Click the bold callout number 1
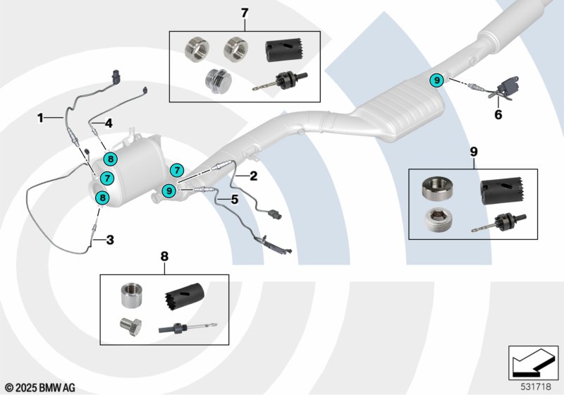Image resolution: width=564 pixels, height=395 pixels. (41, 118)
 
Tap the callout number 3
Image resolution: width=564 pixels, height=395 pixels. (110, 240)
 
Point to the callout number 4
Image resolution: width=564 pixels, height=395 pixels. (109, 123)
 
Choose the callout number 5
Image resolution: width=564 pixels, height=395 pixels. (234, 200)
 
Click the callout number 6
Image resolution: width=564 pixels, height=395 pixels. (498, 114)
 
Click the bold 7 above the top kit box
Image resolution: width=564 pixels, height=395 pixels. (244, 13)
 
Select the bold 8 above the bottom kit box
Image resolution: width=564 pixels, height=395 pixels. (164, 257)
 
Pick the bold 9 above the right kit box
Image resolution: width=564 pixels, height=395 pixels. (474, 151)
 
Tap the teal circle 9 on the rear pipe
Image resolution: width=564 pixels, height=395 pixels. (436, 80)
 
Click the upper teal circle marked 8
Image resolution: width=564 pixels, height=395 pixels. (109, 159)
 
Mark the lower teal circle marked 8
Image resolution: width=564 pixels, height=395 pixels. (102, 198)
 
